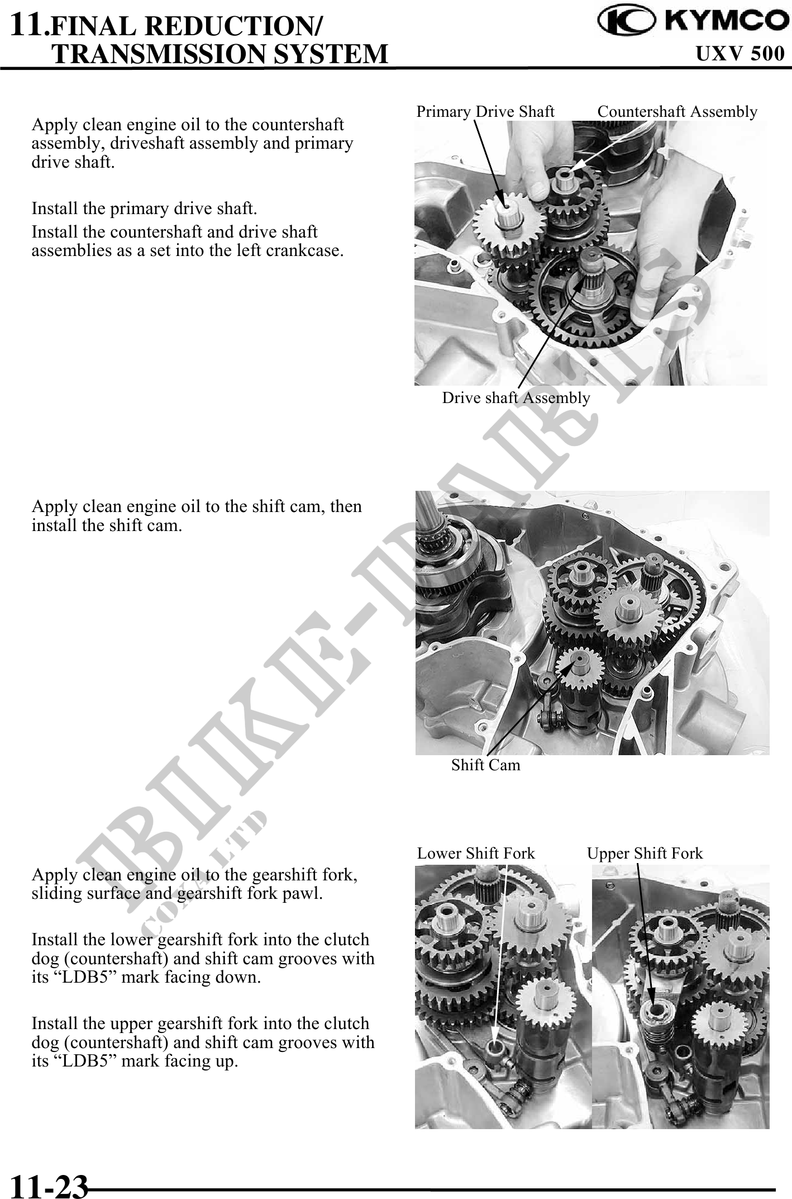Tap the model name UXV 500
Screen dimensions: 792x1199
pos(740,53)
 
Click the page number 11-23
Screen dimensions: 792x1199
pos(49,1186)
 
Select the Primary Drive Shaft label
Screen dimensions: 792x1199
pos(485,112)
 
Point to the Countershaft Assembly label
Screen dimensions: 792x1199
pos(678,112)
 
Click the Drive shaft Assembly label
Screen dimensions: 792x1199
pos(516,398)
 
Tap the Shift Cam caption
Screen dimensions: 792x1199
pos(485,765)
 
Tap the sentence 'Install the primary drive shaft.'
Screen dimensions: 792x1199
pos(145,209)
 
